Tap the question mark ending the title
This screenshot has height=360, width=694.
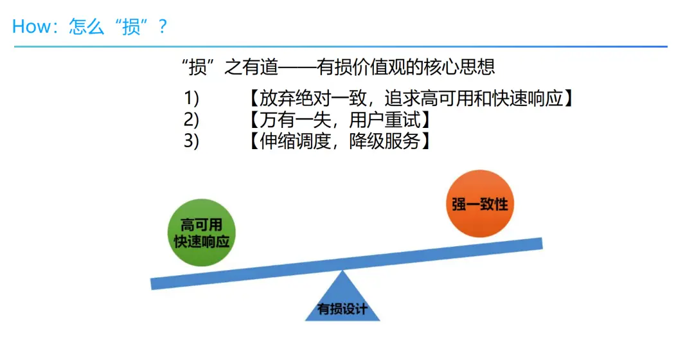pos(163,26)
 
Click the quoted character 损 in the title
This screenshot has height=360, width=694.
pos(131,26)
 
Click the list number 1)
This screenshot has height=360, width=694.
pos(191,98)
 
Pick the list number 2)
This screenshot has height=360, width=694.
pos(191,120)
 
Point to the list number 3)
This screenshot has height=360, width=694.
pos(191,141)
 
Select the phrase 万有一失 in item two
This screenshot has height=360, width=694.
pos(289,120)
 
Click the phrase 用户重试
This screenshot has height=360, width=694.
pos(385,120)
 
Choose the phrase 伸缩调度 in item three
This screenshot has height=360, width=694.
pos(289,141)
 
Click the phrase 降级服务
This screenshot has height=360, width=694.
pos(385,141)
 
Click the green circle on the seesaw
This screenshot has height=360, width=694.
pos(201,233)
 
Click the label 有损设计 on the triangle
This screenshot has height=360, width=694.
pos(343,309)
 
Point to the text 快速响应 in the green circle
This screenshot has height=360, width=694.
pos(201,242)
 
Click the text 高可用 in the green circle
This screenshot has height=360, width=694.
pos(201,224)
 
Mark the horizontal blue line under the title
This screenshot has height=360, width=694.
pos(341,47)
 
